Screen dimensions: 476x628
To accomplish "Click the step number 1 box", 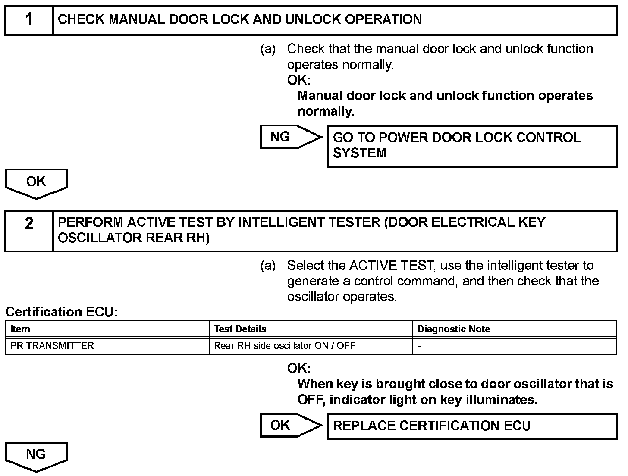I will pos(29,20).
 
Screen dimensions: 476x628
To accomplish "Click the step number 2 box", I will pos(29,231).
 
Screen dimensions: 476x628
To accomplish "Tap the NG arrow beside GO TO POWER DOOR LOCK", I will pos(290,137).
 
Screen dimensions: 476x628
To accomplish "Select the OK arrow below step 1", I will pos(36,183).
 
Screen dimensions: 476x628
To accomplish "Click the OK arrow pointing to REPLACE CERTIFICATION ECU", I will pos(290,426).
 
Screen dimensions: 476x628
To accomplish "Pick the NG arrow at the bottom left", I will pos(36,456).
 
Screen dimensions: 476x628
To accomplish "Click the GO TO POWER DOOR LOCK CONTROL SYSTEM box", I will pos(472,146).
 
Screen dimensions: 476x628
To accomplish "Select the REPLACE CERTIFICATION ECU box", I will pos(472,426).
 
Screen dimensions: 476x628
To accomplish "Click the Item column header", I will pos(20,329).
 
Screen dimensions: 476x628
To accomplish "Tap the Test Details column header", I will pos(240,329).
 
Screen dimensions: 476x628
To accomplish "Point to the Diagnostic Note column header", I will pos(454,329).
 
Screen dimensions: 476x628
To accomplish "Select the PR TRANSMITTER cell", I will pos(52,346).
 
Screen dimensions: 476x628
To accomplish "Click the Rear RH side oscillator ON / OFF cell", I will pos(285,346).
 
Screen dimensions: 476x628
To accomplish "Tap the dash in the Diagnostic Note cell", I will pos(419,346).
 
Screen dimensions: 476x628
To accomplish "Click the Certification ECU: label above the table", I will pos(62,312).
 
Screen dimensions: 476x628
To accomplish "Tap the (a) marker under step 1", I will pos(268,49).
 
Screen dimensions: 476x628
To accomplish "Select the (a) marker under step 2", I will pos(268,266).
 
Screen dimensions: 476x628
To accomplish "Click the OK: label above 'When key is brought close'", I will pos(299,369).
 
